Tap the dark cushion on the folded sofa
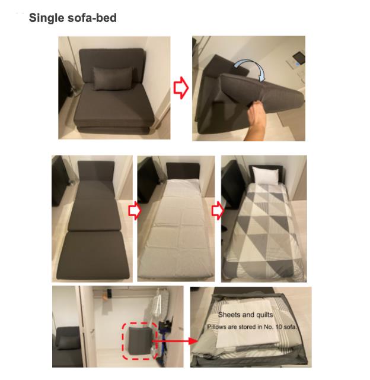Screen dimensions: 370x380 112,78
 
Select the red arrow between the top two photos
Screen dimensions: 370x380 181,88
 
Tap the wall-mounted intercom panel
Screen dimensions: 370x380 299,58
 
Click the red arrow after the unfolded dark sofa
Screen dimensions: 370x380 135,211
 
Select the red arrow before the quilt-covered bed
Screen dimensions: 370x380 218,211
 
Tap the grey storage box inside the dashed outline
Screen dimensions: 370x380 139,341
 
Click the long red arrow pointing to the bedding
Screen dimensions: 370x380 175,341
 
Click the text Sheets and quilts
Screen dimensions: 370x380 246,315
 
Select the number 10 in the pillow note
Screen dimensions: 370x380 278,327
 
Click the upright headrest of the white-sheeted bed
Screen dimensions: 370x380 183,171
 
